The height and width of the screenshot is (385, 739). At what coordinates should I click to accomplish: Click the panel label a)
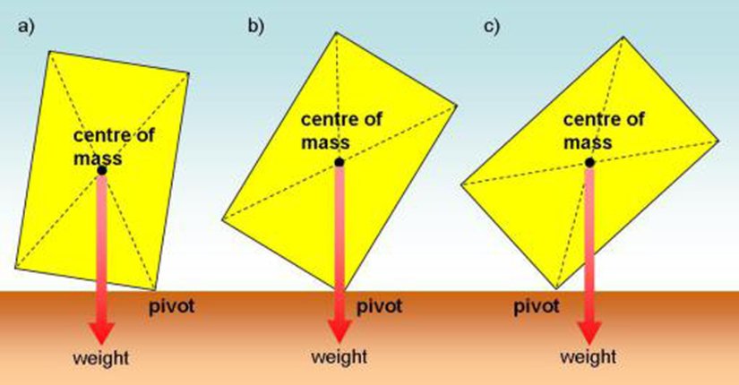(24, 26)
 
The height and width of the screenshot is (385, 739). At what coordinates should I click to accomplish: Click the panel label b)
(256, 26)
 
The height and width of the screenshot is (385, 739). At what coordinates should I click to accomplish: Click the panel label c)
(490, 26)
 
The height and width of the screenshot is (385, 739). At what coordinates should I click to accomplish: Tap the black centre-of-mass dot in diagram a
(102, 170)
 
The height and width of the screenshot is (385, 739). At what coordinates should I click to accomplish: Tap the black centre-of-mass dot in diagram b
(339, 162)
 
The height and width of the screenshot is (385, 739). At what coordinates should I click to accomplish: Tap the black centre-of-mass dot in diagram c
(589, 162)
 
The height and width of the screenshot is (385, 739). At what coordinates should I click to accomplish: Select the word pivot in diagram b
(379, 308)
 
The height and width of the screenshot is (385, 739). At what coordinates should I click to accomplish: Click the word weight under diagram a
(101, 358)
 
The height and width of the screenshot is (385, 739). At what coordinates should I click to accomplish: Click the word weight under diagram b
(338, 358)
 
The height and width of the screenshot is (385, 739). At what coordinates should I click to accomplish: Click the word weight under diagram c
(588, 358)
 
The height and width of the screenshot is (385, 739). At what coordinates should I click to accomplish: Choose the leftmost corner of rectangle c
(460, 184)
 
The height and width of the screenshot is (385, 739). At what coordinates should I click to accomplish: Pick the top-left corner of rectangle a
(50, 51)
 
